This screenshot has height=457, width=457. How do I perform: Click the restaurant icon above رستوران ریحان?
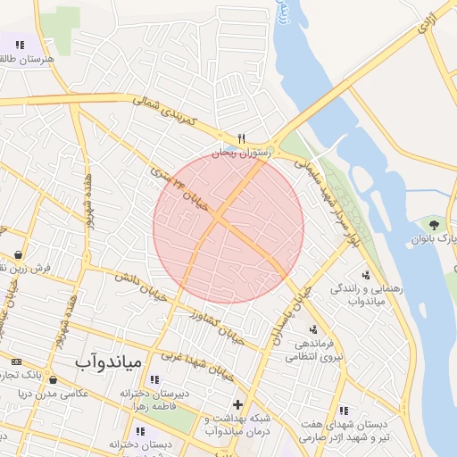(241, 138)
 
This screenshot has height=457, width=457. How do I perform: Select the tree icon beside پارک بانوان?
(435, 224)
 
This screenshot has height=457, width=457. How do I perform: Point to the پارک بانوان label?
(429, 240)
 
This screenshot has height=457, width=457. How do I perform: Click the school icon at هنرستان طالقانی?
(20, 45)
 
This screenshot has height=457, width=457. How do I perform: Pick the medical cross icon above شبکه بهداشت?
(236, 404)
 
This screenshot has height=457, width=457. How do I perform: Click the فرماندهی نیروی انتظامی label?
(309, 350)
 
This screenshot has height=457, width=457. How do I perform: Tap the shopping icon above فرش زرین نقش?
(18, 254)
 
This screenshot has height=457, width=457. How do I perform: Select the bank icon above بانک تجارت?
(16, 361)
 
